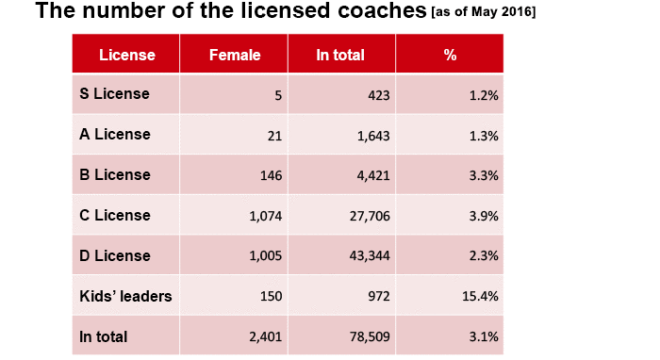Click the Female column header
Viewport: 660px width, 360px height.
click(x=234, y=55)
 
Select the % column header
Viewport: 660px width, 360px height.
click(x=450, y=55)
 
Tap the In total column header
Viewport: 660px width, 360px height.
click(x=340, y=55)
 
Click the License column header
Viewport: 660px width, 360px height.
click(x=127, y=55)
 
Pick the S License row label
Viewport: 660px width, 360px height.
click(x=115, y=93)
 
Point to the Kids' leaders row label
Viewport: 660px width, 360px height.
click(x=125, y=296)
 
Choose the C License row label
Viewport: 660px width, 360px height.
click(x=115, y=215)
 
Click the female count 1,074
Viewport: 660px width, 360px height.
click(x=266, y=216)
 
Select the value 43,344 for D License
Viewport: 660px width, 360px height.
click(x=371, y=256)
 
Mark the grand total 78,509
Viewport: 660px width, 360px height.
click(x=371, y=336)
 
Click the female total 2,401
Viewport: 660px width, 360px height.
click(x=266, y=336)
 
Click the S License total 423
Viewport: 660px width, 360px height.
click(x=379, y=95)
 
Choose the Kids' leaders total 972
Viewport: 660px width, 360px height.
click(x=379, y=297)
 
